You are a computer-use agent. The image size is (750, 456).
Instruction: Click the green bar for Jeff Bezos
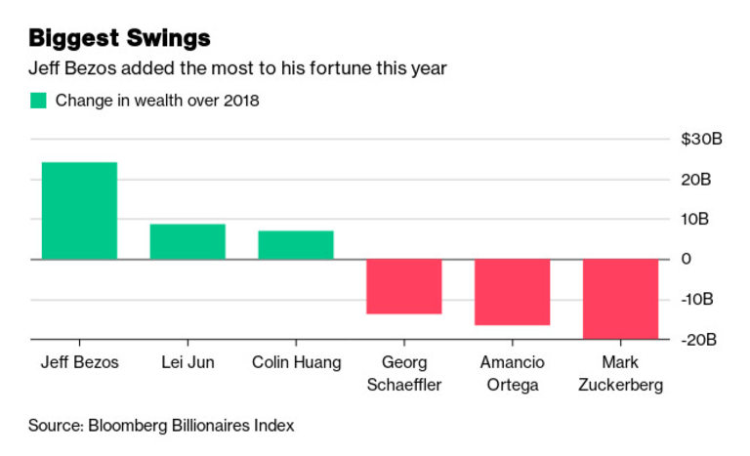[79, 211]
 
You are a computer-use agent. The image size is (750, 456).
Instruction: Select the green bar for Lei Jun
[187, 241]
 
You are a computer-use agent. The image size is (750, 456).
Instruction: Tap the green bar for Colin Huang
[296, 245]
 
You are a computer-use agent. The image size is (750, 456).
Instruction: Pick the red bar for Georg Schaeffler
[404, 286]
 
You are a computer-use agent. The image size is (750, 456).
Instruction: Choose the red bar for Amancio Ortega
[513, 292]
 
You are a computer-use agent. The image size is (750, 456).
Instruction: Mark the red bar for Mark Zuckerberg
[621, 299]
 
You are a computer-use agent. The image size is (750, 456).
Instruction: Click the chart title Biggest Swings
[120, 39]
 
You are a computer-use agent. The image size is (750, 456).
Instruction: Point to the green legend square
[38, 100]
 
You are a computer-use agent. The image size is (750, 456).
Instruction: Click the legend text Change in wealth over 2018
[157, 100]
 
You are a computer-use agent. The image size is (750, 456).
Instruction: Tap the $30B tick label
[701, 140]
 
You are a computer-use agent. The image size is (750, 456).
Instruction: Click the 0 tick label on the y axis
[687, 259]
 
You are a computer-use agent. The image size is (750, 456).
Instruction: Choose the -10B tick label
[699, 299]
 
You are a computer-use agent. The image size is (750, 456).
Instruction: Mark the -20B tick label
[699, 339]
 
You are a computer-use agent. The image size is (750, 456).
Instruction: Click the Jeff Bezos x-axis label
[79, 362]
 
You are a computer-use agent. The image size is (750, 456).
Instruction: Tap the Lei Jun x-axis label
[187, 362]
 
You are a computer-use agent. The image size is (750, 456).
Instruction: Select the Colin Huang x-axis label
[296, 362]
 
